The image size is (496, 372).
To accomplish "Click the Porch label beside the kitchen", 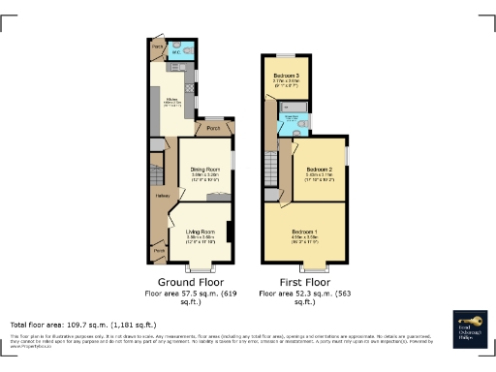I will tap(213, 127).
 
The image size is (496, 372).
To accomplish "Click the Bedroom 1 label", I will tap(305, 232).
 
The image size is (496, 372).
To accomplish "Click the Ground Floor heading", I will tap(186, 282).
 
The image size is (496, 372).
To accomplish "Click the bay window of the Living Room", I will tap(201, 265).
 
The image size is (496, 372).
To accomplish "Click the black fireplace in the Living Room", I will tap(230, 232).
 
